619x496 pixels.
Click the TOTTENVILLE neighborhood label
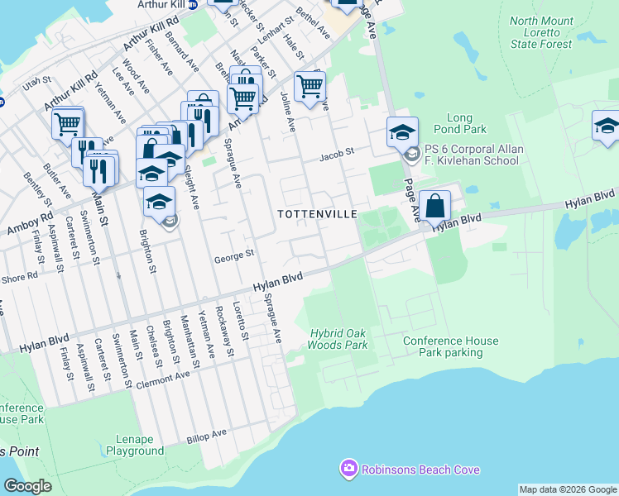317,214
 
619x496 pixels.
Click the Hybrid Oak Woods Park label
337,339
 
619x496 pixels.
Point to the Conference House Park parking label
451,346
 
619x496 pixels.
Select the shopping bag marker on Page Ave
434,207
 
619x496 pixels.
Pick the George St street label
233,257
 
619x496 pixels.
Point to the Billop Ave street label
206,433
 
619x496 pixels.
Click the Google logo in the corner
27,486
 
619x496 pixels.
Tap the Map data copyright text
567,489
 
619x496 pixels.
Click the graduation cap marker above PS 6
401,131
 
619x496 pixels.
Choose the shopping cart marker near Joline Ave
309,87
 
